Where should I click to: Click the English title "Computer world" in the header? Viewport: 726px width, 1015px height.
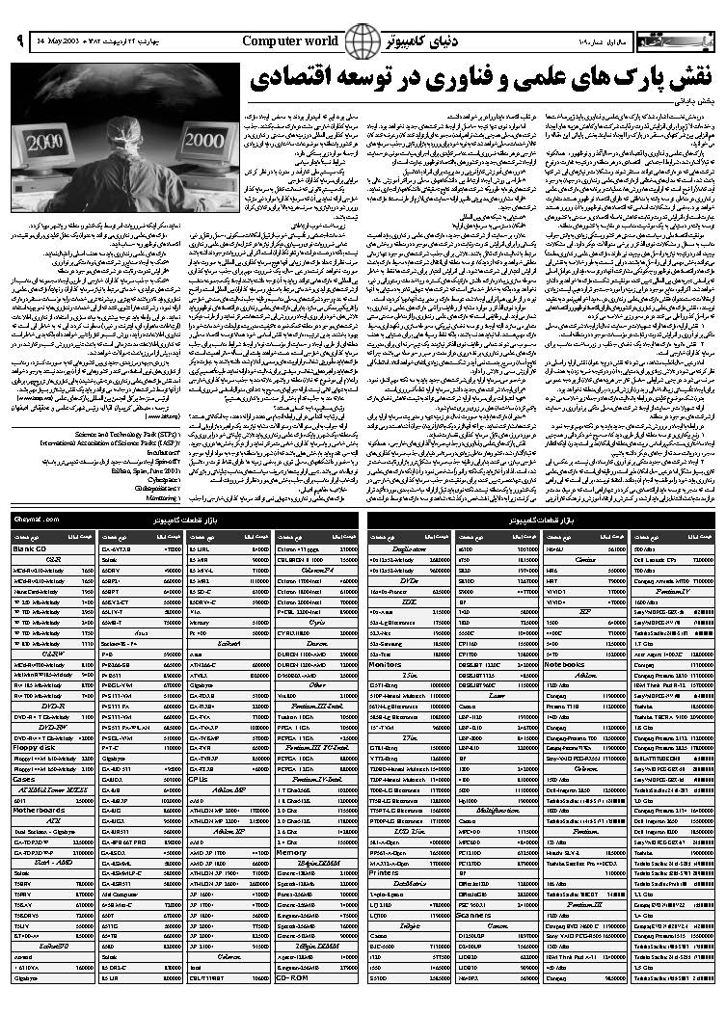click(289, 40)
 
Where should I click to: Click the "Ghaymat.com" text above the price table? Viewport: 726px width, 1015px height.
click(38, 520)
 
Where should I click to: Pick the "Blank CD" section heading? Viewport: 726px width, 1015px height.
click(30, 548)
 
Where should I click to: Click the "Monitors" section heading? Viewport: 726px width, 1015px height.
click(386, 664)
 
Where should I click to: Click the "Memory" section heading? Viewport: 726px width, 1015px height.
click(292, 852)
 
